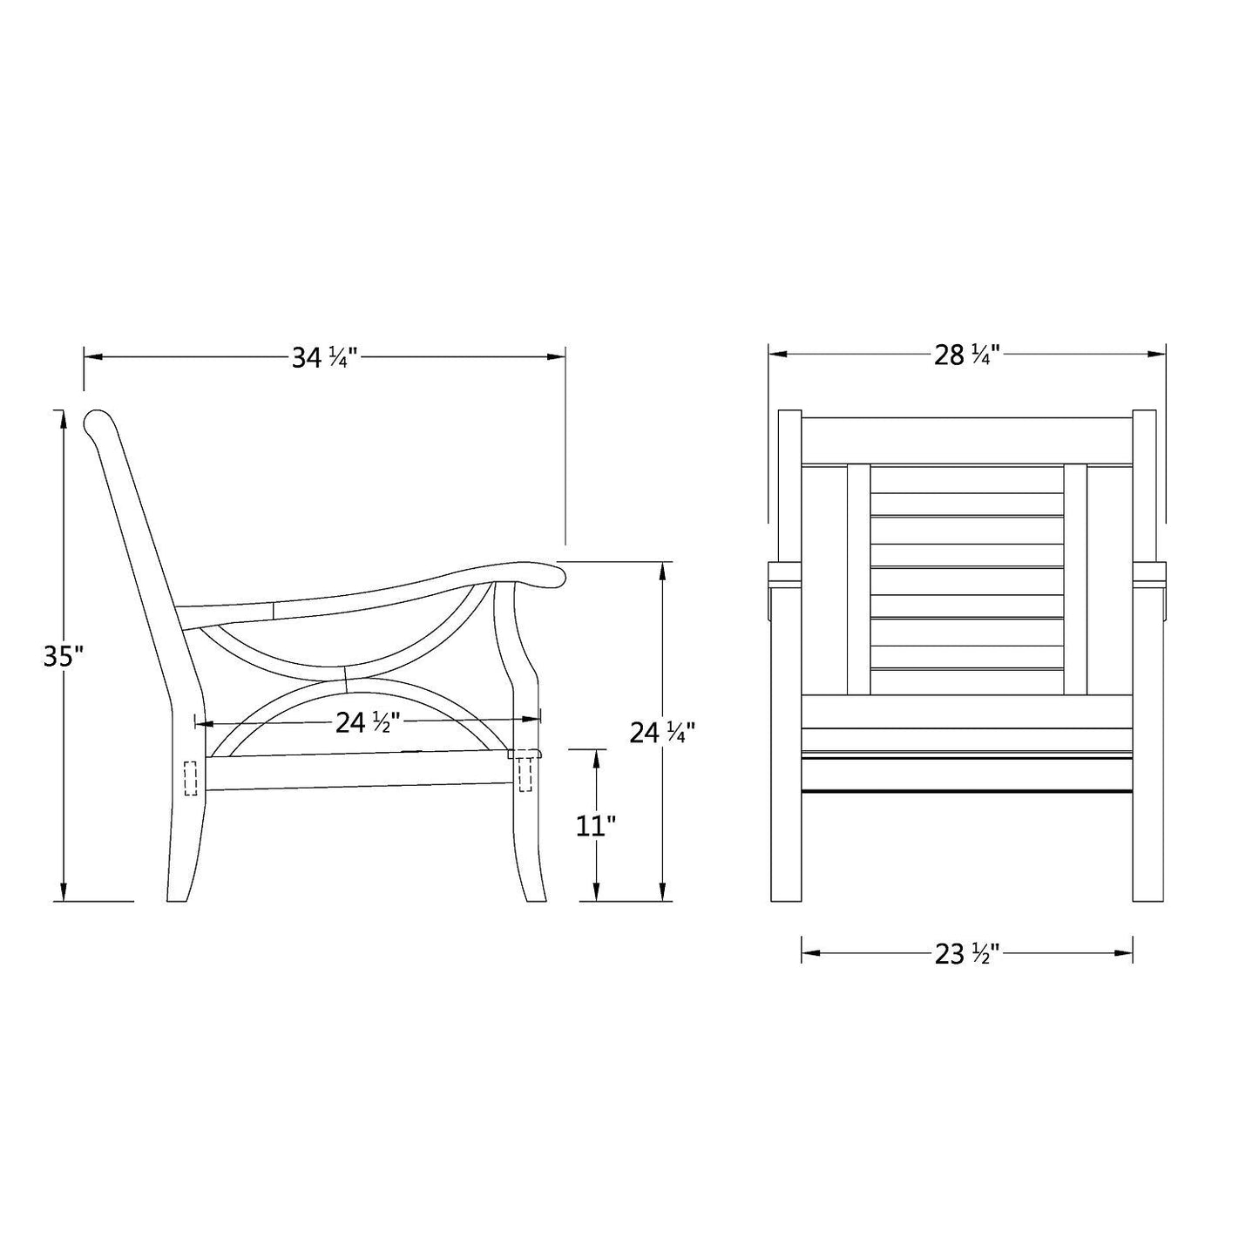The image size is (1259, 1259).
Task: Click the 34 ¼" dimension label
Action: click(x=325, y=357)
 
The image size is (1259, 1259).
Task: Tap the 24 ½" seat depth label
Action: click(x=368, y=722)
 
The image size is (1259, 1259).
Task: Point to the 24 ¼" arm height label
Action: click(x=661, y=733)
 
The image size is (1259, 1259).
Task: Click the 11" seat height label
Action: click(x=596, y=825)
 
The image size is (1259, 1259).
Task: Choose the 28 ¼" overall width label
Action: click(x=966, y=355)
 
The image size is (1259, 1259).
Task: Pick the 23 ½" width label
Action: click(x=966, y=955)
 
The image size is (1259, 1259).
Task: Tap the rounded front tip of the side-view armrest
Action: click(x=556, y=574)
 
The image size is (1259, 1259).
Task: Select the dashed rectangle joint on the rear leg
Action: click(x=191, y=778)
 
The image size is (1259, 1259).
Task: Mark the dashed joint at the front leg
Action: click(x=525, y=773)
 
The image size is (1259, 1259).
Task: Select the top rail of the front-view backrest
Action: click(x=965, y=439)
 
